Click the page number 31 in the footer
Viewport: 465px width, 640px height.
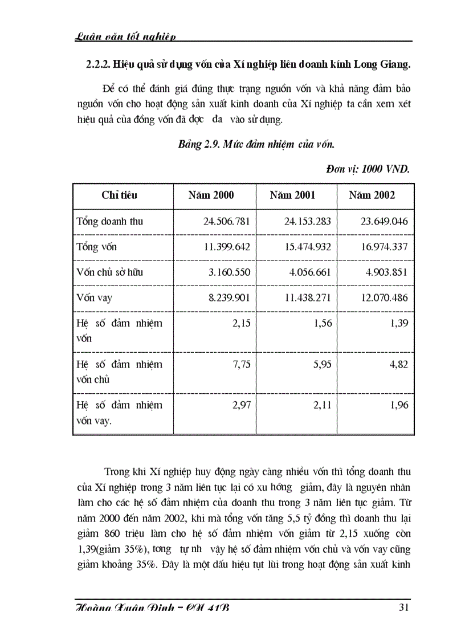(x=403, y=608)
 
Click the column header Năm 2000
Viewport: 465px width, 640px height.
(x=211, y=195)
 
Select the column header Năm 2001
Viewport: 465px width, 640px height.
(x=292, y=195)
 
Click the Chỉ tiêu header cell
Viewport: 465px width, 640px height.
(x=119, y=195)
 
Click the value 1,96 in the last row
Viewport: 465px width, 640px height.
(x=398, y=405)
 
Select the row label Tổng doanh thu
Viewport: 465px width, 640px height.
(x=109, y=221)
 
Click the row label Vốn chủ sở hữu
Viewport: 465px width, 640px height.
(x=109, y=272)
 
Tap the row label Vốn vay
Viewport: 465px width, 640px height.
(x=94, y=297)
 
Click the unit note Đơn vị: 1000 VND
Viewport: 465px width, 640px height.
(x=368, y=169)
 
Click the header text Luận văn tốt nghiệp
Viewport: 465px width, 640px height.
(x=125, y=36)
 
